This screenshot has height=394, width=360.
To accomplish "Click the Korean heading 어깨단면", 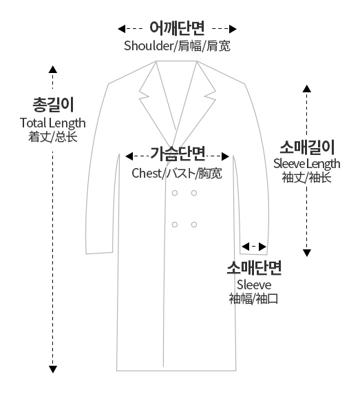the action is pos(177,28).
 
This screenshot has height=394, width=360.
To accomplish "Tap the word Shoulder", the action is pos(149,46).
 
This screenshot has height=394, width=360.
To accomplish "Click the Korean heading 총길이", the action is pos(53,105).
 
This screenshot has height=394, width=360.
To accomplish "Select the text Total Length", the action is pos(53,123).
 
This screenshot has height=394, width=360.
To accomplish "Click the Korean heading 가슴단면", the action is pos(178,154).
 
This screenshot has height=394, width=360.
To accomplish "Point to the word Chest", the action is pos(147,173).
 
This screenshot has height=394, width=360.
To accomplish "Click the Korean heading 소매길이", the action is pos(307,147).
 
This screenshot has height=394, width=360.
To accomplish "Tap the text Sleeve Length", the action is pos(306,164).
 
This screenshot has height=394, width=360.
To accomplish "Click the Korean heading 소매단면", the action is pos(254,268).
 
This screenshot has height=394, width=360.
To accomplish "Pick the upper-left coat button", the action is pos(175,193).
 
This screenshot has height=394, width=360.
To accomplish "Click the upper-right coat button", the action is pos(194,193).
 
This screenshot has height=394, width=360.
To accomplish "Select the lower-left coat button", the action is pos(175,225).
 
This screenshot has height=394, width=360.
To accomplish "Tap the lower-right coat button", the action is pos(194,225).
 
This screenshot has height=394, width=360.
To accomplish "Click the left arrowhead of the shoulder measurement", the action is pos(122,29).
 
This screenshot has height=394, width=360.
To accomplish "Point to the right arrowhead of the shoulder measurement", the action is pos(233,29).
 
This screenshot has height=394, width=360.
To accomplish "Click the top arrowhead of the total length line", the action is pos(53,70).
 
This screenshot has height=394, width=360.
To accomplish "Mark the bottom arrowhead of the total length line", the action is pos(53,369).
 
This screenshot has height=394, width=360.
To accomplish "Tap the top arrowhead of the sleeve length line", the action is pos(307,89).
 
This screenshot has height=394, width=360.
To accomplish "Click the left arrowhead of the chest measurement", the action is pos(129,156).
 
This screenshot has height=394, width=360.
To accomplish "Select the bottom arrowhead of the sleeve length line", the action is pos(307,253).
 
